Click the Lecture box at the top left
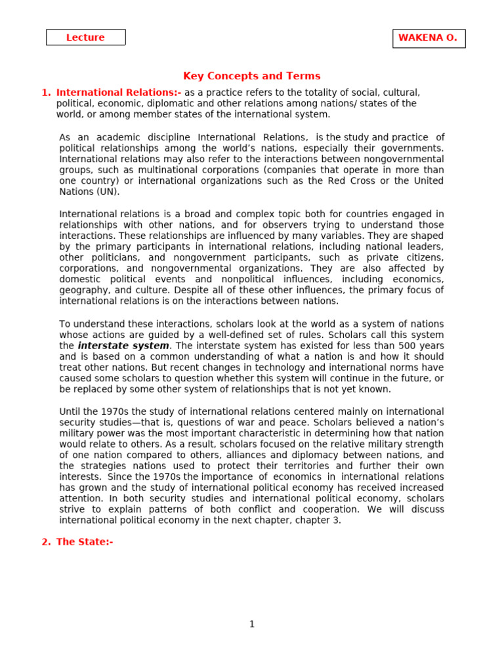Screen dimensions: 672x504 (85, 37)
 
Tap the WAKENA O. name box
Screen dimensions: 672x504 (429, 38)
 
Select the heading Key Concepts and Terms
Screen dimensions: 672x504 (251, 76)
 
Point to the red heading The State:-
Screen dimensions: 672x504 (85, 542)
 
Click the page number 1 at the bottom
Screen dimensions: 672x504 (251, 624)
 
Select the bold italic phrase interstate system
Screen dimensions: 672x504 (123, 346)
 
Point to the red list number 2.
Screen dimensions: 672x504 (45, 542)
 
